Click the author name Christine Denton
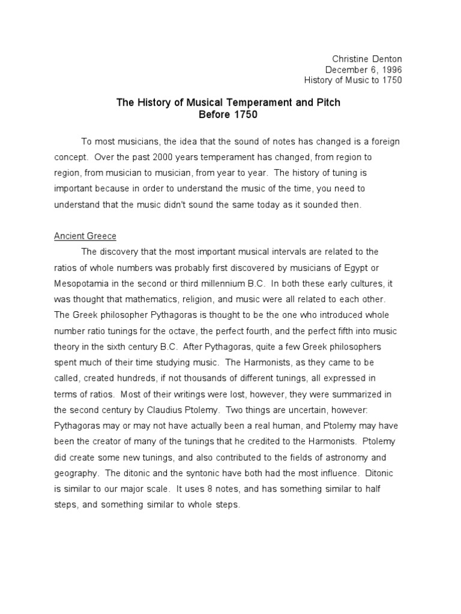[367, 58]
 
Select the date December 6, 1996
[363, 69]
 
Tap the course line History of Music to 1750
[353, 80]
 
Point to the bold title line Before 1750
[228, 114]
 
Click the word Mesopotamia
[85, 282]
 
